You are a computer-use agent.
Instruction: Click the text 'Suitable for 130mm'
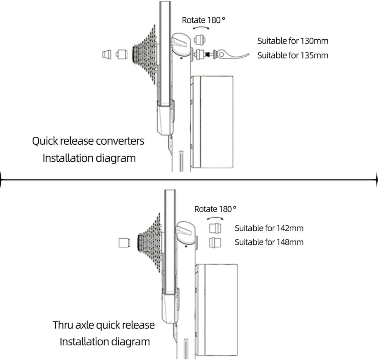pyautogui.click(x=293, y=41)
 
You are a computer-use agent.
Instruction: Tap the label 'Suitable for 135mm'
pyautogui.click(x=293, y=56)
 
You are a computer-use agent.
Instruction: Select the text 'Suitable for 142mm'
pyautogui.click(x=269, y=228)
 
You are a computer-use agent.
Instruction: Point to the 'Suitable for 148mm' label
pyautogui.click(x=269, y=242)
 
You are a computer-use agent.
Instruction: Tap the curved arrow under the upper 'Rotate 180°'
pyautogui.click(x=201, y=28)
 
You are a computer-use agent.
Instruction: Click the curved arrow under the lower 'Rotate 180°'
pyautogui.click(x=215, y=218)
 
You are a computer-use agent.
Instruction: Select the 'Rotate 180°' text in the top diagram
pyautogui.click(x=203, y=20)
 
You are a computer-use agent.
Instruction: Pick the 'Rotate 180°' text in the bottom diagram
pyautogui.click(x=215, y=209)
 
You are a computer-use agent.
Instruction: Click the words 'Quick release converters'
pyautogui.click(x=88, y=141)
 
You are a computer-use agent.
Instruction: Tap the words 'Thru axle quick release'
pyautogui.click(x=104, y=325)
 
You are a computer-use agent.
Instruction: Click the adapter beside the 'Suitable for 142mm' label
pyautogui.click(x=215, y=228)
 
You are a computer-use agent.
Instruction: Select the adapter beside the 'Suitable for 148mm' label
pyautogui.click(x=215, y=243)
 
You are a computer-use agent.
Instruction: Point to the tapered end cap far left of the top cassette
pyautogui.click(x=107, y=54)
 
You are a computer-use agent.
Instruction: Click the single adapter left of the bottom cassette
pyautogui.click(x=124, y=243)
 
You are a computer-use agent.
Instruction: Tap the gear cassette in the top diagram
pyautogui.click(x=145, y=55)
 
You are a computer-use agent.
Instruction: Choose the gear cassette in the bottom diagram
pyautogui.click(x=149, y=243)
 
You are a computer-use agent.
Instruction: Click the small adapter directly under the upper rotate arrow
pyautogui.click(x=200, y=40)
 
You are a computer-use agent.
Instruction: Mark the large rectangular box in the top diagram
pyautogui.click(x=212, y=122)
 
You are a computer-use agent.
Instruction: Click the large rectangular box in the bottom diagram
pyautogui.click(x=217, y=310)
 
